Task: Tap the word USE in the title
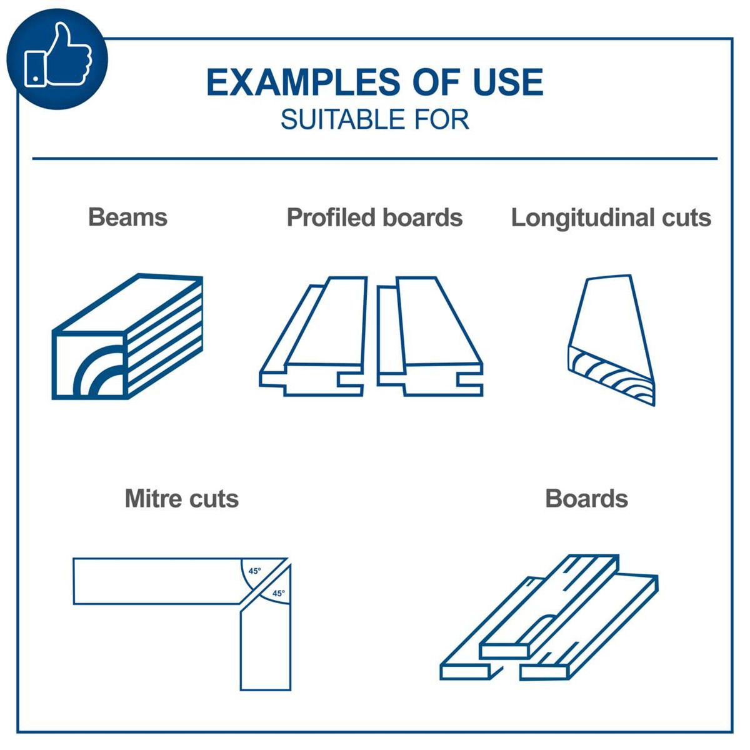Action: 508,82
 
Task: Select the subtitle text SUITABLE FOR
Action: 374,119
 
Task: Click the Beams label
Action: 127,217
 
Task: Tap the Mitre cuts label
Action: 181,499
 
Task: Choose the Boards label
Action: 586,499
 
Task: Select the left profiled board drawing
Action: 312,337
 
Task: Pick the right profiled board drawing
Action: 430,337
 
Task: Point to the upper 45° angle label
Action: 254,571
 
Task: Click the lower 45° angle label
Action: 278,593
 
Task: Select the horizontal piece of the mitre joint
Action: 156,581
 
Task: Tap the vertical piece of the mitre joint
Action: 266,650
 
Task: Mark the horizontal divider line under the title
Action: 374,159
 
